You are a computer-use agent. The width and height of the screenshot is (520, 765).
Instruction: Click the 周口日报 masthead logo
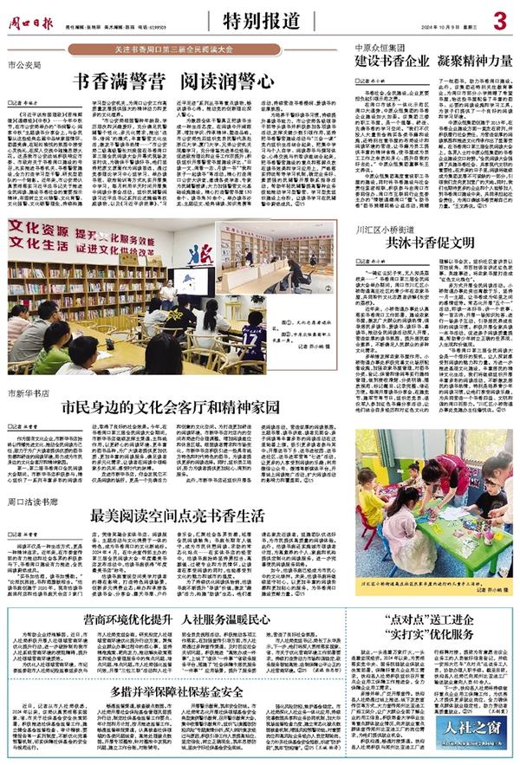(35, 16)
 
